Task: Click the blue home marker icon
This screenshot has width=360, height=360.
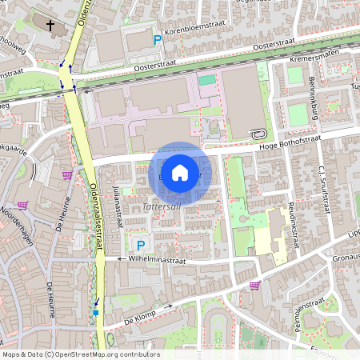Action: pyautogui.click(x=180, y=173)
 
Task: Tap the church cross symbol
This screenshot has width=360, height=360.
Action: pyautogui.click(x=51, y=26)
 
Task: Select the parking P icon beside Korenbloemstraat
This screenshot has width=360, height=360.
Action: pyautogui.click(x=158, y=38)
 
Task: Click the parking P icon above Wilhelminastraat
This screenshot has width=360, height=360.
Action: pyautogui.click(x=141, y=246)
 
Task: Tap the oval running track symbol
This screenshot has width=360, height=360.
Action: pyautogui.click(x=257, y=134)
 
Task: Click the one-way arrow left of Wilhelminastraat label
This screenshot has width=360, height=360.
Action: pyautogui.click(x=117, y=259)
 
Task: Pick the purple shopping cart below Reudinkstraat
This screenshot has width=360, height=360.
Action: pyautogui.click(x=254, y=285)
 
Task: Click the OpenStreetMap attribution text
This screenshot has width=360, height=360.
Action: pyautogui.click(x=81, y=354)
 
